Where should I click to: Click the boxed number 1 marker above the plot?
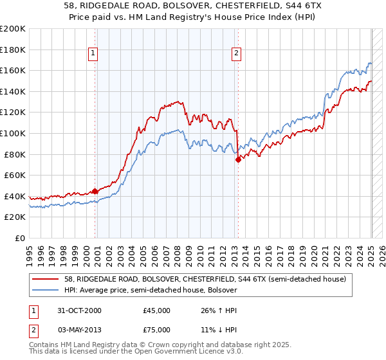click(x=93, y=53)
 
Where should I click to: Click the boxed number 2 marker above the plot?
click(x=237, y=53)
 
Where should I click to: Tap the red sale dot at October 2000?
click(x=95, y=190)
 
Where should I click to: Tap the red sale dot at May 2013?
click(x=238, y=159)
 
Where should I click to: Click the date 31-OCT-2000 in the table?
click(x=80, y=310)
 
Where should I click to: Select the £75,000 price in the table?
click(x=157, y=332)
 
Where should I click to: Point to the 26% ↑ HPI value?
click(x=214, y=310)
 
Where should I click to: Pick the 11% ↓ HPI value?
click(x=214, y=332)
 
